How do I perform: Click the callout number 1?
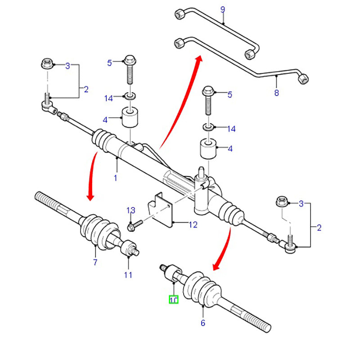115,178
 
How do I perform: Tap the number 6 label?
203,322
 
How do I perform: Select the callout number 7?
95,262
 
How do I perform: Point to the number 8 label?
276,93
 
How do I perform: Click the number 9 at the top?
222,9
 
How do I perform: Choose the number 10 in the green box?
173,299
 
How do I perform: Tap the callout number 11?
128,274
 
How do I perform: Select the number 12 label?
193,225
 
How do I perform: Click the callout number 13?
130,210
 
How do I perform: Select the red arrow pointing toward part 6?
223,250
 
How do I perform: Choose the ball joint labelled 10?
172,272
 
